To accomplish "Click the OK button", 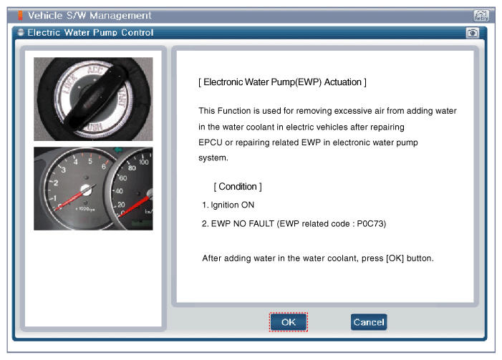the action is tap(289, 322).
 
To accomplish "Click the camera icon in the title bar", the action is tap(472, 33).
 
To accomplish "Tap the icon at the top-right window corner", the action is tap(481, 15).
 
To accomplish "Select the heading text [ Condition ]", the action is tap(238, 187).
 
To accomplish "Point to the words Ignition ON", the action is tap(233, 205).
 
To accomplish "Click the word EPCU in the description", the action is tap(211, 142).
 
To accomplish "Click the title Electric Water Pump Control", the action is tap(90, 33).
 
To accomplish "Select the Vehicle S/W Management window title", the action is tap(90, 15).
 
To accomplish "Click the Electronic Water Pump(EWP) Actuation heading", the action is tap(282, 82).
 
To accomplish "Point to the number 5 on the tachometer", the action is tap(90, 161).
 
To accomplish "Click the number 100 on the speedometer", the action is tap(143, 162).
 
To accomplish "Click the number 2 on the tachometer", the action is tap(56, 183).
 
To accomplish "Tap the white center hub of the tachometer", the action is tap(86, 190).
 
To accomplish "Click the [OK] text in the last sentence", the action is tap(395, 258).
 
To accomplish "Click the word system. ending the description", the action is tap(213, 157).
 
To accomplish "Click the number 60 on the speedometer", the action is tap(123, 178).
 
